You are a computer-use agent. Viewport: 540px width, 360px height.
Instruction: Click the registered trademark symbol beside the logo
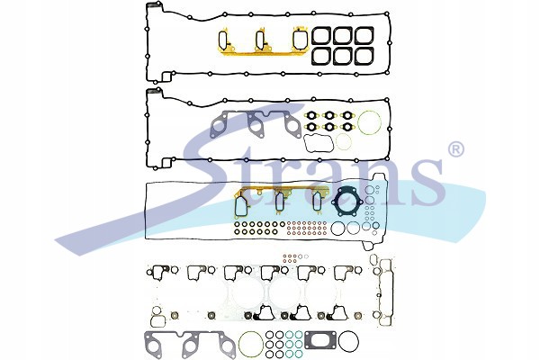click(x=455, y=148)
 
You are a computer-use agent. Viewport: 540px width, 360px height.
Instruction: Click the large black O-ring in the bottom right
click(x=348, y=341)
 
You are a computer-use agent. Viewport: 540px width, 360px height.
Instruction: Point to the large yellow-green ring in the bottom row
click(x=250, y=343)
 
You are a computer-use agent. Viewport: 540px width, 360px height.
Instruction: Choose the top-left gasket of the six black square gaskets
click(x=321, y=36)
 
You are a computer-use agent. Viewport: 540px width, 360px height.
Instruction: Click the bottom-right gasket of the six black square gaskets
click(x=364, y=56)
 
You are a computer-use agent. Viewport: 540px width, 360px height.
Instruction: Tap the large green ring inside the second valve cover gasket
click(x=369, y=122)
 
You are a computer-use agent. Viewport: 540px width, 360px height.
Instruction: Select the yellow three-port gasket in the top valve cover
click(x=262, y=42)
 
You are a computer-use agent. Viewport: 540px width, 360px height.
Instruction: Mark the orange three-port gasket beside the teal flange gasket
click(x=281, y=202)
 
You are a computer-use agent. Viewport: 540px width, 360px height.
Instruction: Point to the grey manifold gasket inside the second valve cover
click(x=256, y=124)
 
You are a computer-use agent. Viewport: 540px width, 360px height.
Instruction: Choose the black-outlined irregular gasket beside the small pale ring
click(x=319, y=143)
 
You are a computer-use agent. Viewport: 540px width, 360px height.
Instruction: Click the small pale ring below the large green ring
click(x=344, y=141)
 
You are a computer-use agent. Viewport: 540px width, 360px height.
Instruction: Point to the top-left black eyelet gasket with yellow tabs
click(x=312, y=115)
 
